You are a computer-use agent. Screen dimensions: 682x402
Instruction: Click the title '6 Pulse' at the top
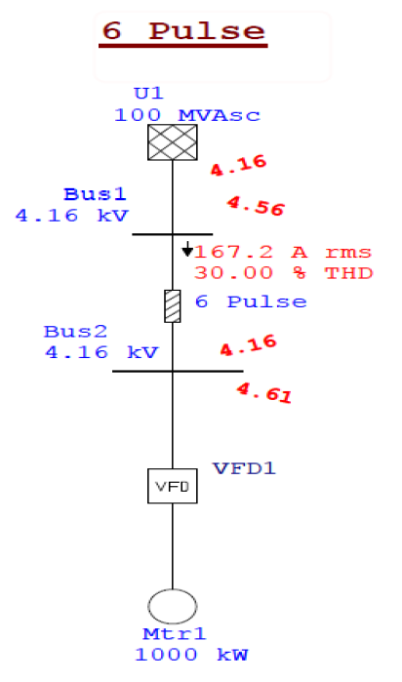[184, 30]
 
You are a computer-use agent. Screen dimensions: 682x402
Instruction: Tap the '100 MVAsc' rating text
[187, 115]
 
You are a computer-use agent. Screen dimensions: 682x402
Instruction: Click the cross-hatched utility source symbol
[173, 142]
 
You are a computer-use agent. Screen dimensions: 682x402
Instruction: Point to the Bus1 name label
[95, 194]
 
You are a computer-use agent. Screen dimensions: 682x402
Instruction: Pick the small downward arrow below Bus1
[186, 250]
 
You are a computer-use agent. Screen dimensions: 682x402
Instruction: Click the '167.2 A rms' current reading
[283, 253]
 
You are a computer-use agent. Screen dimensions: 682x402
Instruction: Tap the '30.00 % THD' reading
[283, 273]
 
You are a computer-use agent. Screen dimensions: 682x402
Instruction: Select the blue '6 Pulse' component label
[251, 302]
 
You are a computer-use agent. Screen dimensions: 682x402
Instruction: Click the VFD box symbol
[173, 484]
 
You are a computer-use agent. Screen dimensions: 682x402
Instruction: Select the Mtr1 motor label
[172, 635]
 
